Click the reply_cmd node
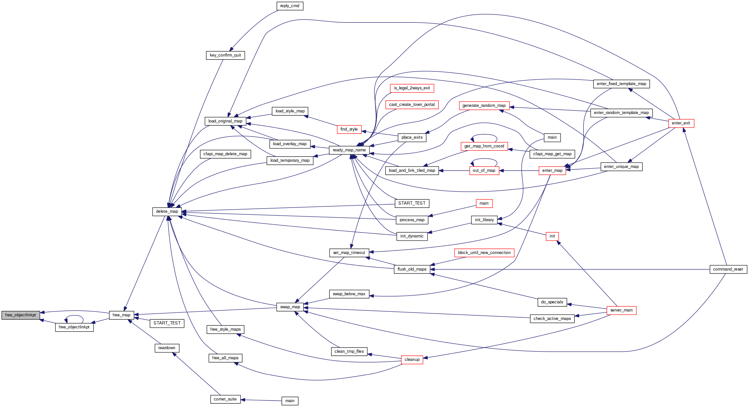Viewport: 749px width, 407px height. pyautogui.click(x=290, y=6)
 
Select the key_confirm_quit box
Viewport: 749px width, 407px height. pyautogui.click(x=225, y=55)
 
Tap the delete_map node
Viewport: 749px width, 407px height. pyautogui.click(x=167, y=211)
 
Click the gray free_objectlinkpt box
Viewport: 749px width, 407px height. pyautogui.click(x=20, y=315)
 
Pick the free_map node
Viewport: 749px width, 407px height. pyautogui.click(x=121, y=315)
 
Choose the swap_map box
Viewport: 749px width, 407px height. pyautogui.click(x=290, y=307)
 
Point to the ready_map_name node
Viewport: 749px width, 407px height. pyautogui.click(x=349, y=150)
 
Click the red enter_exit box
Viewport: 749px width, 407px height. pyautogui.click(x=681, y=123)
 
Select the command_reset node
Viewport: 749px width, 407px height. pyautogui.click(x=728, y=269)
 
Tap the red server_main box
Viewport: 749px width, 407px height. pyautogui.click(x=621, y=310)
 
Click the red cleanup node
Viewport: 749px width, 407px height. pyautogui.click(x=412, y=360)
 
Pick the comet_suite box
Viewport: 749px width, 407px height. pyautogui.click(x=225, y=399)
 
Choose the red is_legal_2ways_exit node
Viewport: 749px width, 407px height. pyautogui.click(x=412, y=88)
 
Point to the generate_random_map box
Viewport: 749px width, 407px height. pyautogui.click(x=484, y=106)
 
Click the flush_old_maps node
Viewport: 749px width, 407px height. pyautogui.click(x=412, y=269)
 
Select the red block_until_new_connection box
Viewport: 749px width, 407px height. pyautogui.click(x=484, y=253)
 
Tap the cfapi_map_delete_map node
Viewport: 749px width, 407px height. pyautogui.click(x=225, y=154)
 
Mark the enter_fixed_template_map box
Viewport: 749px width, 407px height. pyautogui.click(x=621, y=84)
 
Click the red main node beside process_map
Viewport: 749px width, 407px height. pyautogui.click(x=484, y=203)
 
